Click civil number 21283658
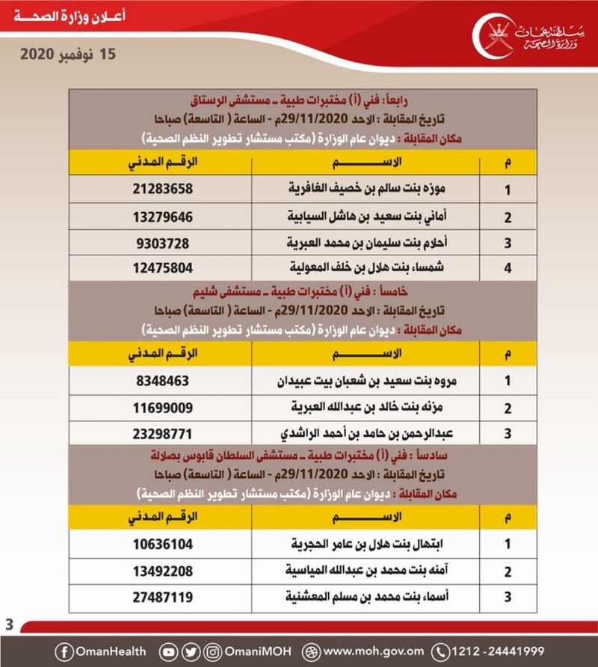click(x=161, y=189)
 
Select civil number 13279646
click(x=161, y=217)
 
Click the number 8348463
click(x=161, y=380)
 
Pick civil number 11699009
click(x=161, y=407)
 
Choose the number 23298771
click(x=161, y=434)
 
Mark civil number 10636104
click(x=161, y=544)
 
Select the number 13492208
click(x=161, y=571)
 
